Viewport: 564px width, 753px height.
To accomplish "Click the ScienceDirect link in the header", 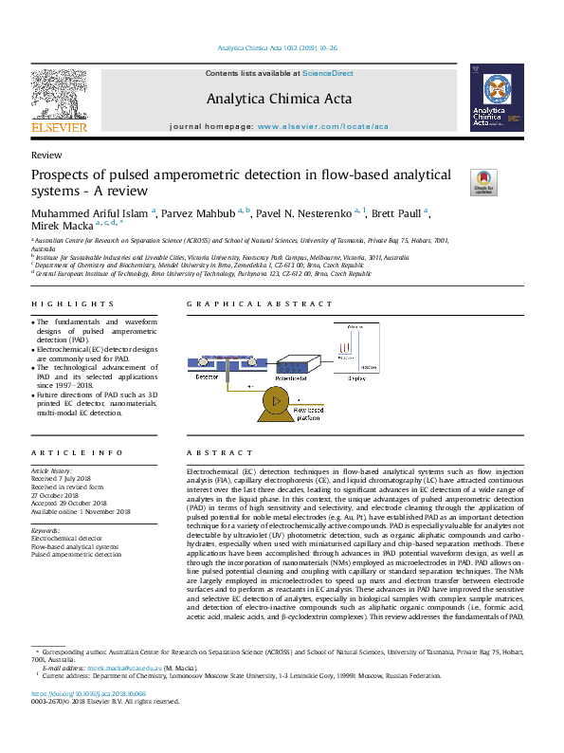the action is (x=328, y=73).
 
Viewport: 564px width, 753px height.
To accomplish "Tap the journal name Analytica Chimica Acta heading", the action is (x=279, y=99).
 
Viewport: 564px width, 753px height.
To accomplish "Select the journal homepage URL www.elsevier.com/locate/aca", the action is (x=322, y=126).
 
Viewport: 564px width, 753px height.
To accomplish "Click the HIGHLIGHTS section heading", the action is (x=60, y=304).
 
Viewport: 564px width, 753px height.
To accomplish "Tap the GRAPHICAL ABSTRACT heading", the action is (x=234, y=304).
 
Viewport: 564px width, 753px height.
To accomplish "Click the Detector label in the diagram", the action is (x=206, y=376).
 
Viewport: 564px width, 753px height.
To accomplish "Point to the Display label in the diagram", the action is (x=356, y=378).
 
